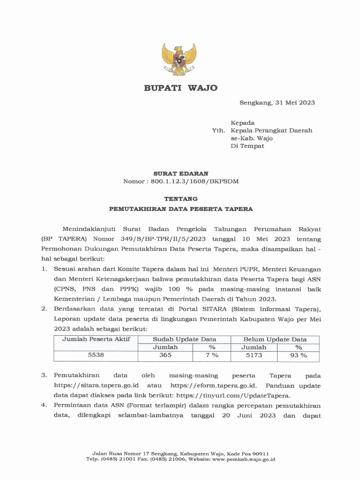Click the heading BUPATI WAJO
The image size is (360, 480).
[180, 88]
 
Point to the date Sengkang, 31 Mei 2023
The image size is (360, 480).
[277, 103]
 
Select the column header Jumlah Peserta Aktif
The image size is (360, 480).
[96, 339]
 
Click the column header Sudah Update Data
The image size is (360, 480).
[184, 339]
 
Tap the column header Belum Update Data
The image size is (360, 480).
[275, 339]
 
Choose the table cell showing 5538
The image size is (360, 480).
[96, 355]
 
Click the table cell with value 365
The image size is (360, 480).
[165, 355]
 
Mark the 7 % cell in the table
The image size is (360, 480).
[211, 355]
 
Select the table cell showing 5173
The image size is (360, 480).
[254, 355]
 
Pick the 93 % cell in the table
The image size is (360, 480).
[298, 355]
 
